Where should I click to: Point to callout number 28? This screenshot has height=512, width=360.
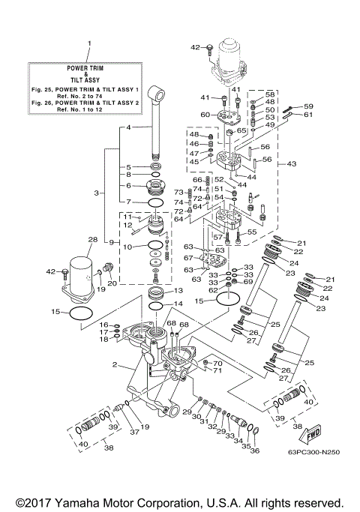[92, 241]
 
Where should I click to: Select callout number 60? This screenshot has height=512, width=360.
[204, 115]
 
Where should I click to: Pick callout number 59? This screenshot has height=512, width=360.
[307, 106]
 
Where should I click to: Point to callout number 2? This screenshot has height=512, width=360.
[116, 365]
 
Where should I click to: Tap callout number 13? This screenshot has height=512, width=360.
[178, 290]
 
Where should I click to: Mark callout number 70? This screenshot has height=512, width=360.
[218, 364]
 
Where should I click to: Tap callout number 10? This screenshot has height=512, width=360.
[127, 246]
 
